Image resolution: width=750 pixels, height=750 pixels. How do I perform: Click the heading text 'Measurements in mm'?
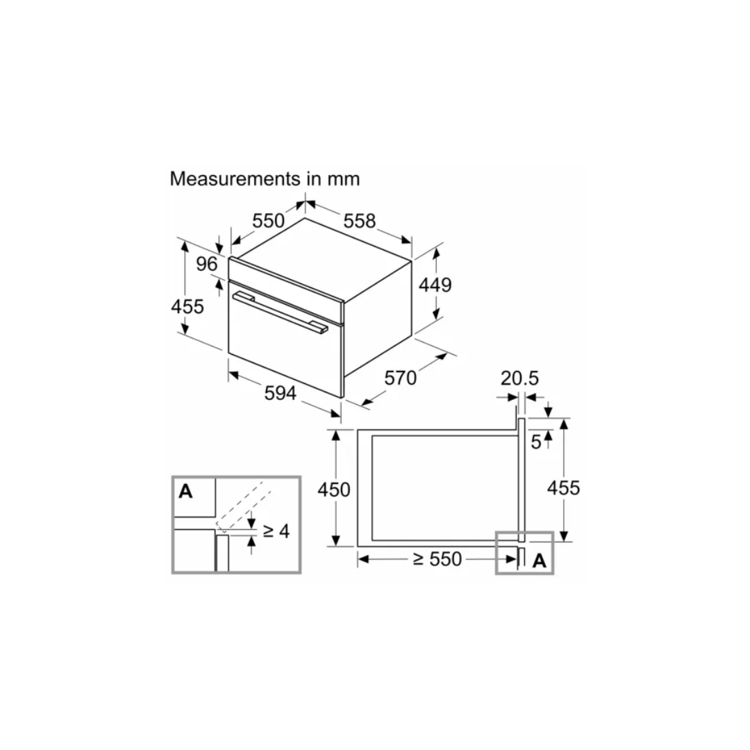pos(265,179)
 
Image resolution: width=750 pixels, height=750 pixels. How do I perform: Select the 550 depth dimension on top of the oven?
pos(268,221)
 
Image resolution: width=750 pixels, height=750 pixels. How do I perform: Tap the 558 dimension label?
pos(360,221)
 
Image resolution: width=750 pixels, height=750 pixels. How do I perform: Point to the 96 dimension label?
pos(207,264)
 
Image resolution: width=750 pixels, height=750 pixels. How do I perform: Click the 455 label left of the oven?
pos(187,306)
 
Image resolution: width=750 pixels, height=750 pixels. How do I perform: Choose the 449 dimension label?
pos(435,285)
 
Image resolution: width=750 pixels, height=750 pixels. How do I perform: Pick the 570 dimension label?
pos(401,378)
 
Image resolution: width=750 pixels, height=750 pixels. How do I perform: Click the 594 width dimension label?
pos(281,393)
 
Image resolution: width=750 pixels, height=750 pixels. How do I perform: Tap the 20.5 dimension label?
pos(519,378)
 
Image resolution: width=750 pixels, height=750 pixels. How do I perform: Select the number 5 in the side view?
pos(536,442)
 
